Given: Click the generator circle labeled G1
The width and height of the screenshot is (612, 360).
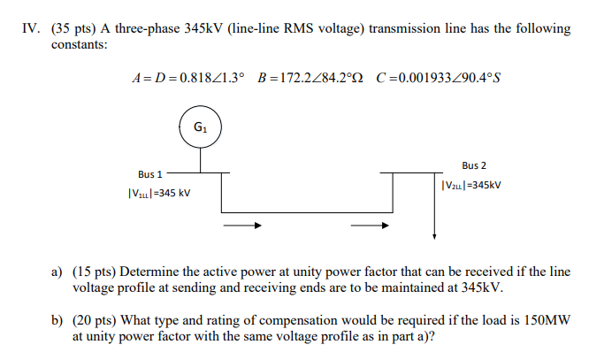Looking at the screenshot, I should (200, 127).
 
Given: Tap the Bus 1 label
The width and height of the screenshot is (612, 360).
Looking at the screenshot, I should (150, 174).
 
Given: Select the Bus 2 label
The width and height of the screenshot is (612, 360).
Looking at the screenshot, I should (473, 165).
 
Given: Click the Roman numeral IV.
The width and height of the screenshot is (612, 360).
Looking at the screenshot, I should (29, 28).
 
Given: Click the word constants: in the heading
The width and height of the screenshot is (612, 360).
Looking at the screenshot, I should (79, 43).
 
